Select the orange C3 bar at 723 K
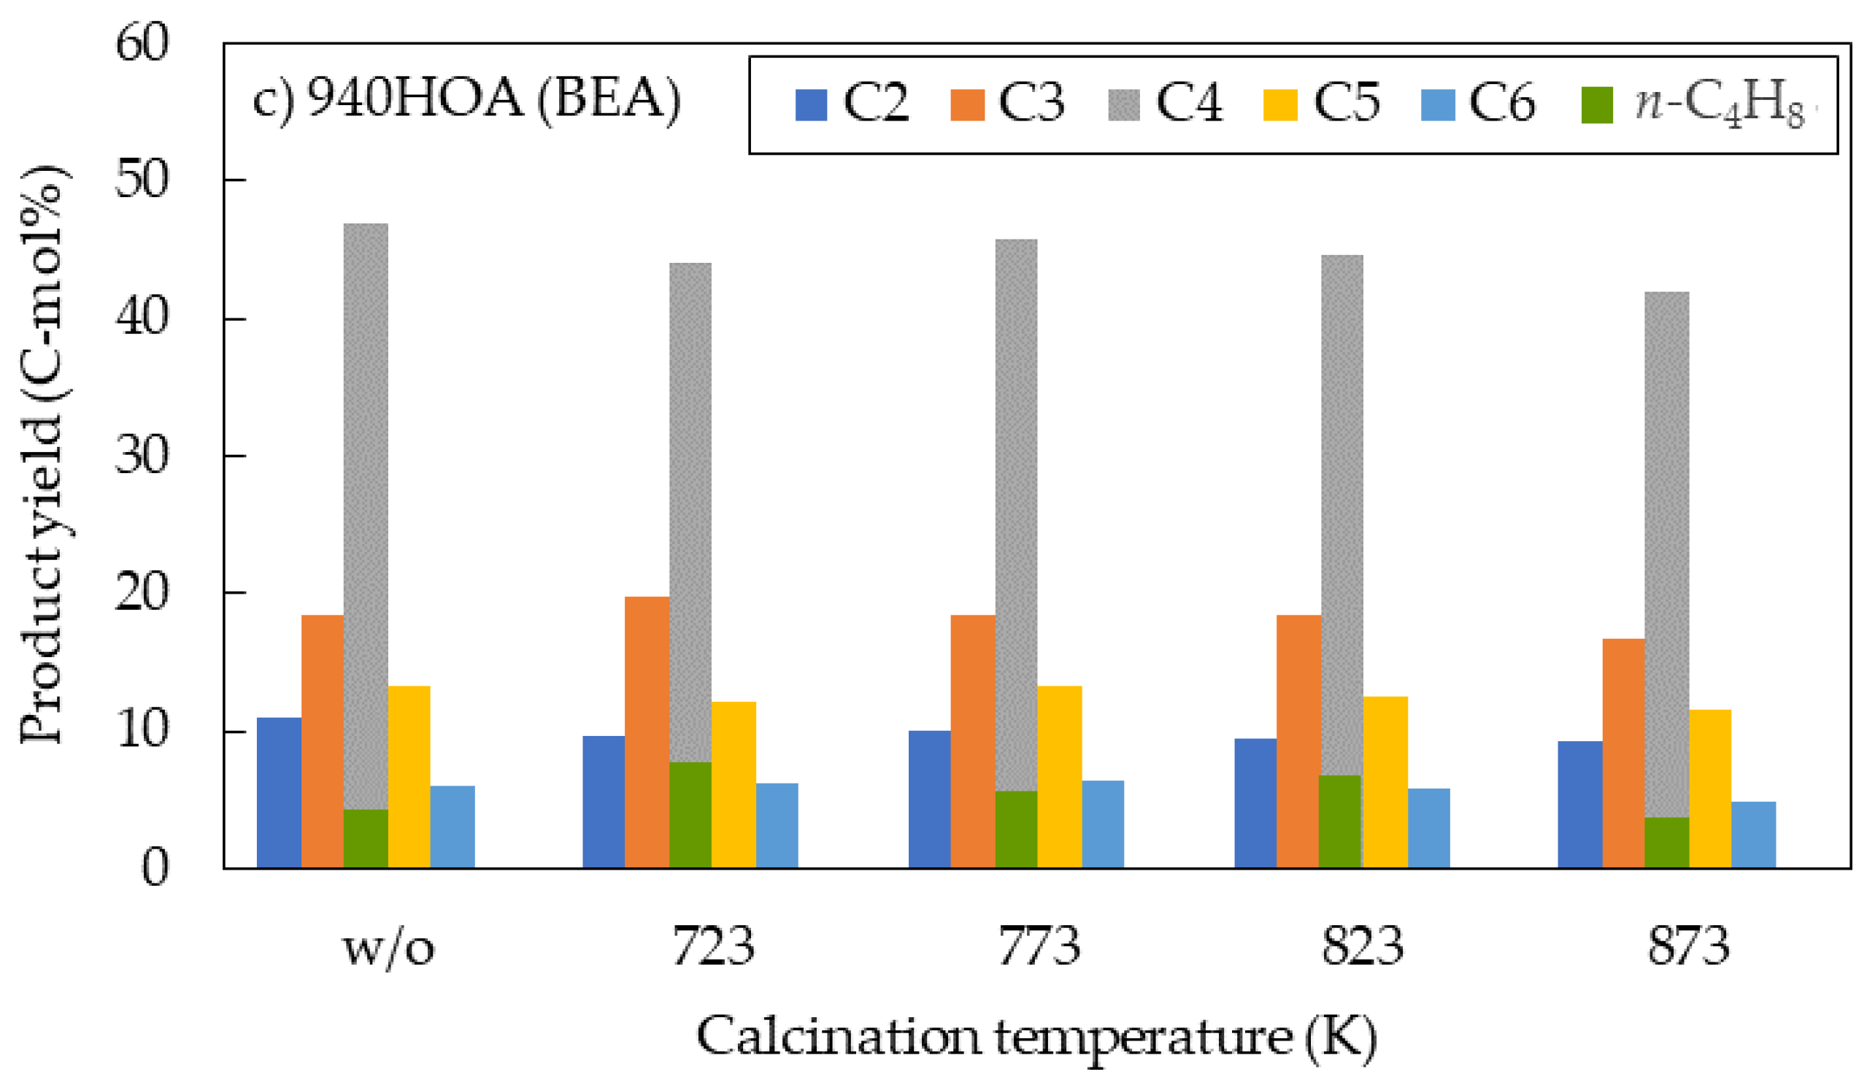pyautogui.click(x=646, y=732)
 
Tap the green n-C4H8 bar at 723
pyautogui.click(x=690, y=814)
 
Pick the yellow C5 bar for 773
pyautogui.click(x=1059, y=777)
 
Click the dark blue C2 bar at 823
pyautogui.click(x=1255, y=802)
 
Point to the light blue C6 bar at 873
pyautogui.click(x=1752, y=835)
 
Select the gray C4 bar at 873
pyautogui.click(x=1666, y=555)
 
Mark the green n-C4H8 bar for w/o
pyautogui.click(x=365, y=838)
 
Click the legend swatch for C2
pyautogui.click(x=810, y=105)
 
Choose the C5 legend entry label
pyautogui.click(x=1346, y=104)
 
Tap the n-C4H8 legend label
pyautogui.click(x=1719, y=105)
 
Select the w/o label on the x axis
pyautogui.click(x=388, y=948)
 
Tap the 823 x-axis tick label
pyautogui.click(x=1362, y=946)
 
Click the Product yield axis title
pyautogui.click(x=45, y=455)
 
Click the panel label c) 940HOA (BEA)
pyautogui.click(x=466, y=100)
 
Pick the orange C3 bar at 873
pyautogui.click(x=1623, y=753)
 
